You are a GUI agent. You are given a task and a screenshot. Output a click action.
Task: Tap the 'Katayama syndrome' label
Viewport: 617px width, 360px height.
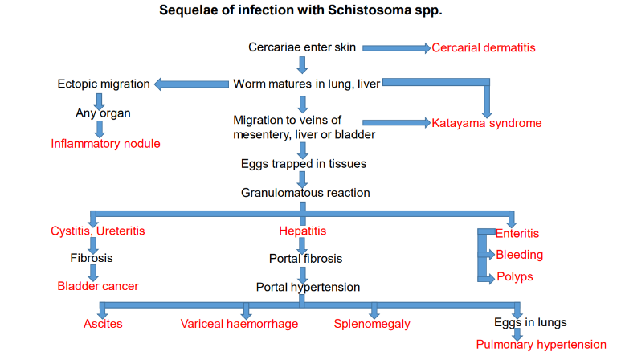point(486,123)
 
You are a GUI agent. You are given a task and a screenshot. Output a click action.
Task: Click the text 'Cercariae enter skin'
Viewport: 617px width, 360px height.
point(302,47)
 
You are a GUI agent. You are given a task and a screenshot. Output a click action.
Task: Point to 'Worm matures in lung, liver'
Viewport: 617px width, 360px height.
point(307,83)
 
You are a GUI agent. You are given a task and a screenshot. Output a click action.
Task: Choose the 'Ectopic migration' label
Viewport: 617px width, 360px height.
point(104,84)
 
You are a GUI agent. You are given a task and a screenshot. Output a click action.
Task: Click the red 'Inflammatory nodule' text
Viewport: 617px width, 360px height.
point(105,144)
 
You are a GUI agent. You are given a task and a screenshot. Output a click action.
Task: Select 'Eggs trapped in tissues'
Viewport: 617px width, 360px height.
point(304,164)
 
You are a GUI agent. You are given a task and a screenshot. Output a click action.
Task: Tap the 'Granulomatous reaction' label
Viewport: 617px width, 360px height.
point(305,193)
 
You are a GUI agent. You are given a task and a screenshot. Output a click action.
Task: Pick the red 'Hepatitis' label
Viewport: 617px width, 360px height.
point(302,231)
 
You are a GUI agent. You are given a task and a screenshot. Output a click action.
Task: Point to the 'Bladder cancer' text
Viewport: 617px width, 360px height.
point(97,286)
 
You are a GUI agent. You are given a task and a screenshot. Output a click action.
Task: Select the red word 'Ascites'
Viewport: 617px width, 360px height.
point(103,324)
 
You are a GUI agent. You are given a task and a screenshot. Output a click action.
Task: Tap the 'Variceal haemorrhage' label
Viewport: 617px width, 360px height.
point(239,324)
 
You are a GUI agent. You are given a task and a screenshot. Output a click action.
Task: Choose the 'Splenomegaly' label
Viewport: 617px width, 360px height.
point(372,324)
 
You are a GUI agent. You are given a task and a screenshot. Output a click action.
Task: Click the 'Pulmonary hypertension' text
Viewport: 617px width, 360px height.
point(541,345)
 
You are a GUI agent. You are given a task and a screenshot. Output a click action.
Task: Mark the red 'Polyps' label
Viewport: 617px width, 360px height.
point(514,277)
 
